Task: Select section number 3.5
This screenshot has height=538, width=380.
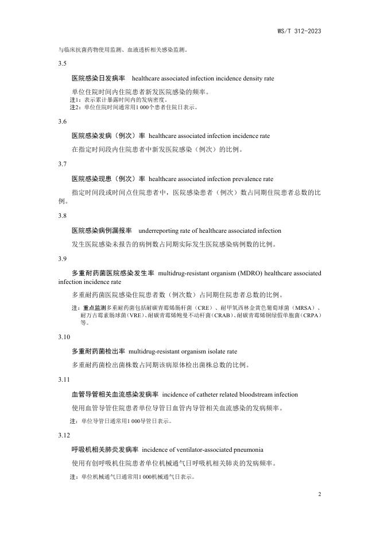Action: pyautogui.click(x=63, y=63)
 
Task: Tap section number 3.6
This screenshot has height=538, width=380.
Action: pyautogui.click(x=63, y=121)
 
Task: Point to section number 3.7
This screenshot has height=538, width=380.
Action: pyautogui.click(x=63, y=164)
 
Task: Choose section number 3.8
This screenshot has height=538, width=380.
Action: pyautogui.click(x=63, y=216)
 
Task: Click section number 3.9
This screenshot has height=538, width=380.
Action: pyautogui.click(x=63, y=258)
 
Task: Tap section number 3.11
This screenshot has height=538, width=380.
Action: pyautogui.click(x=64, y=380)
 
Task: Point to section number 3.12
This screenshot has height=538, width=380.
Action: pyautogui.click(x=64, y=435)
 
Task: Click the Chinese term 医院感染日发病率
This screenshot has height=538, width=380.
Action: pyautogui.click(x=98, y=78)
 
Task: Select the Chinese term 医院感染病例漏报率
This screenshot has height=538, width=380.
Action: pyautogui.click(x=102, y=230)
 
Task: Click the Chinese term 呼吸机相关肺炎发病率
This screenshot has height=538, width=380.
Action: pyautogui.click(x=105, y=449)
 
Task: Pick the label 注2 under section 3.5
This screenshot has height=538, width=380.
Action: pyautogui.click(x=75, y=107)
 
